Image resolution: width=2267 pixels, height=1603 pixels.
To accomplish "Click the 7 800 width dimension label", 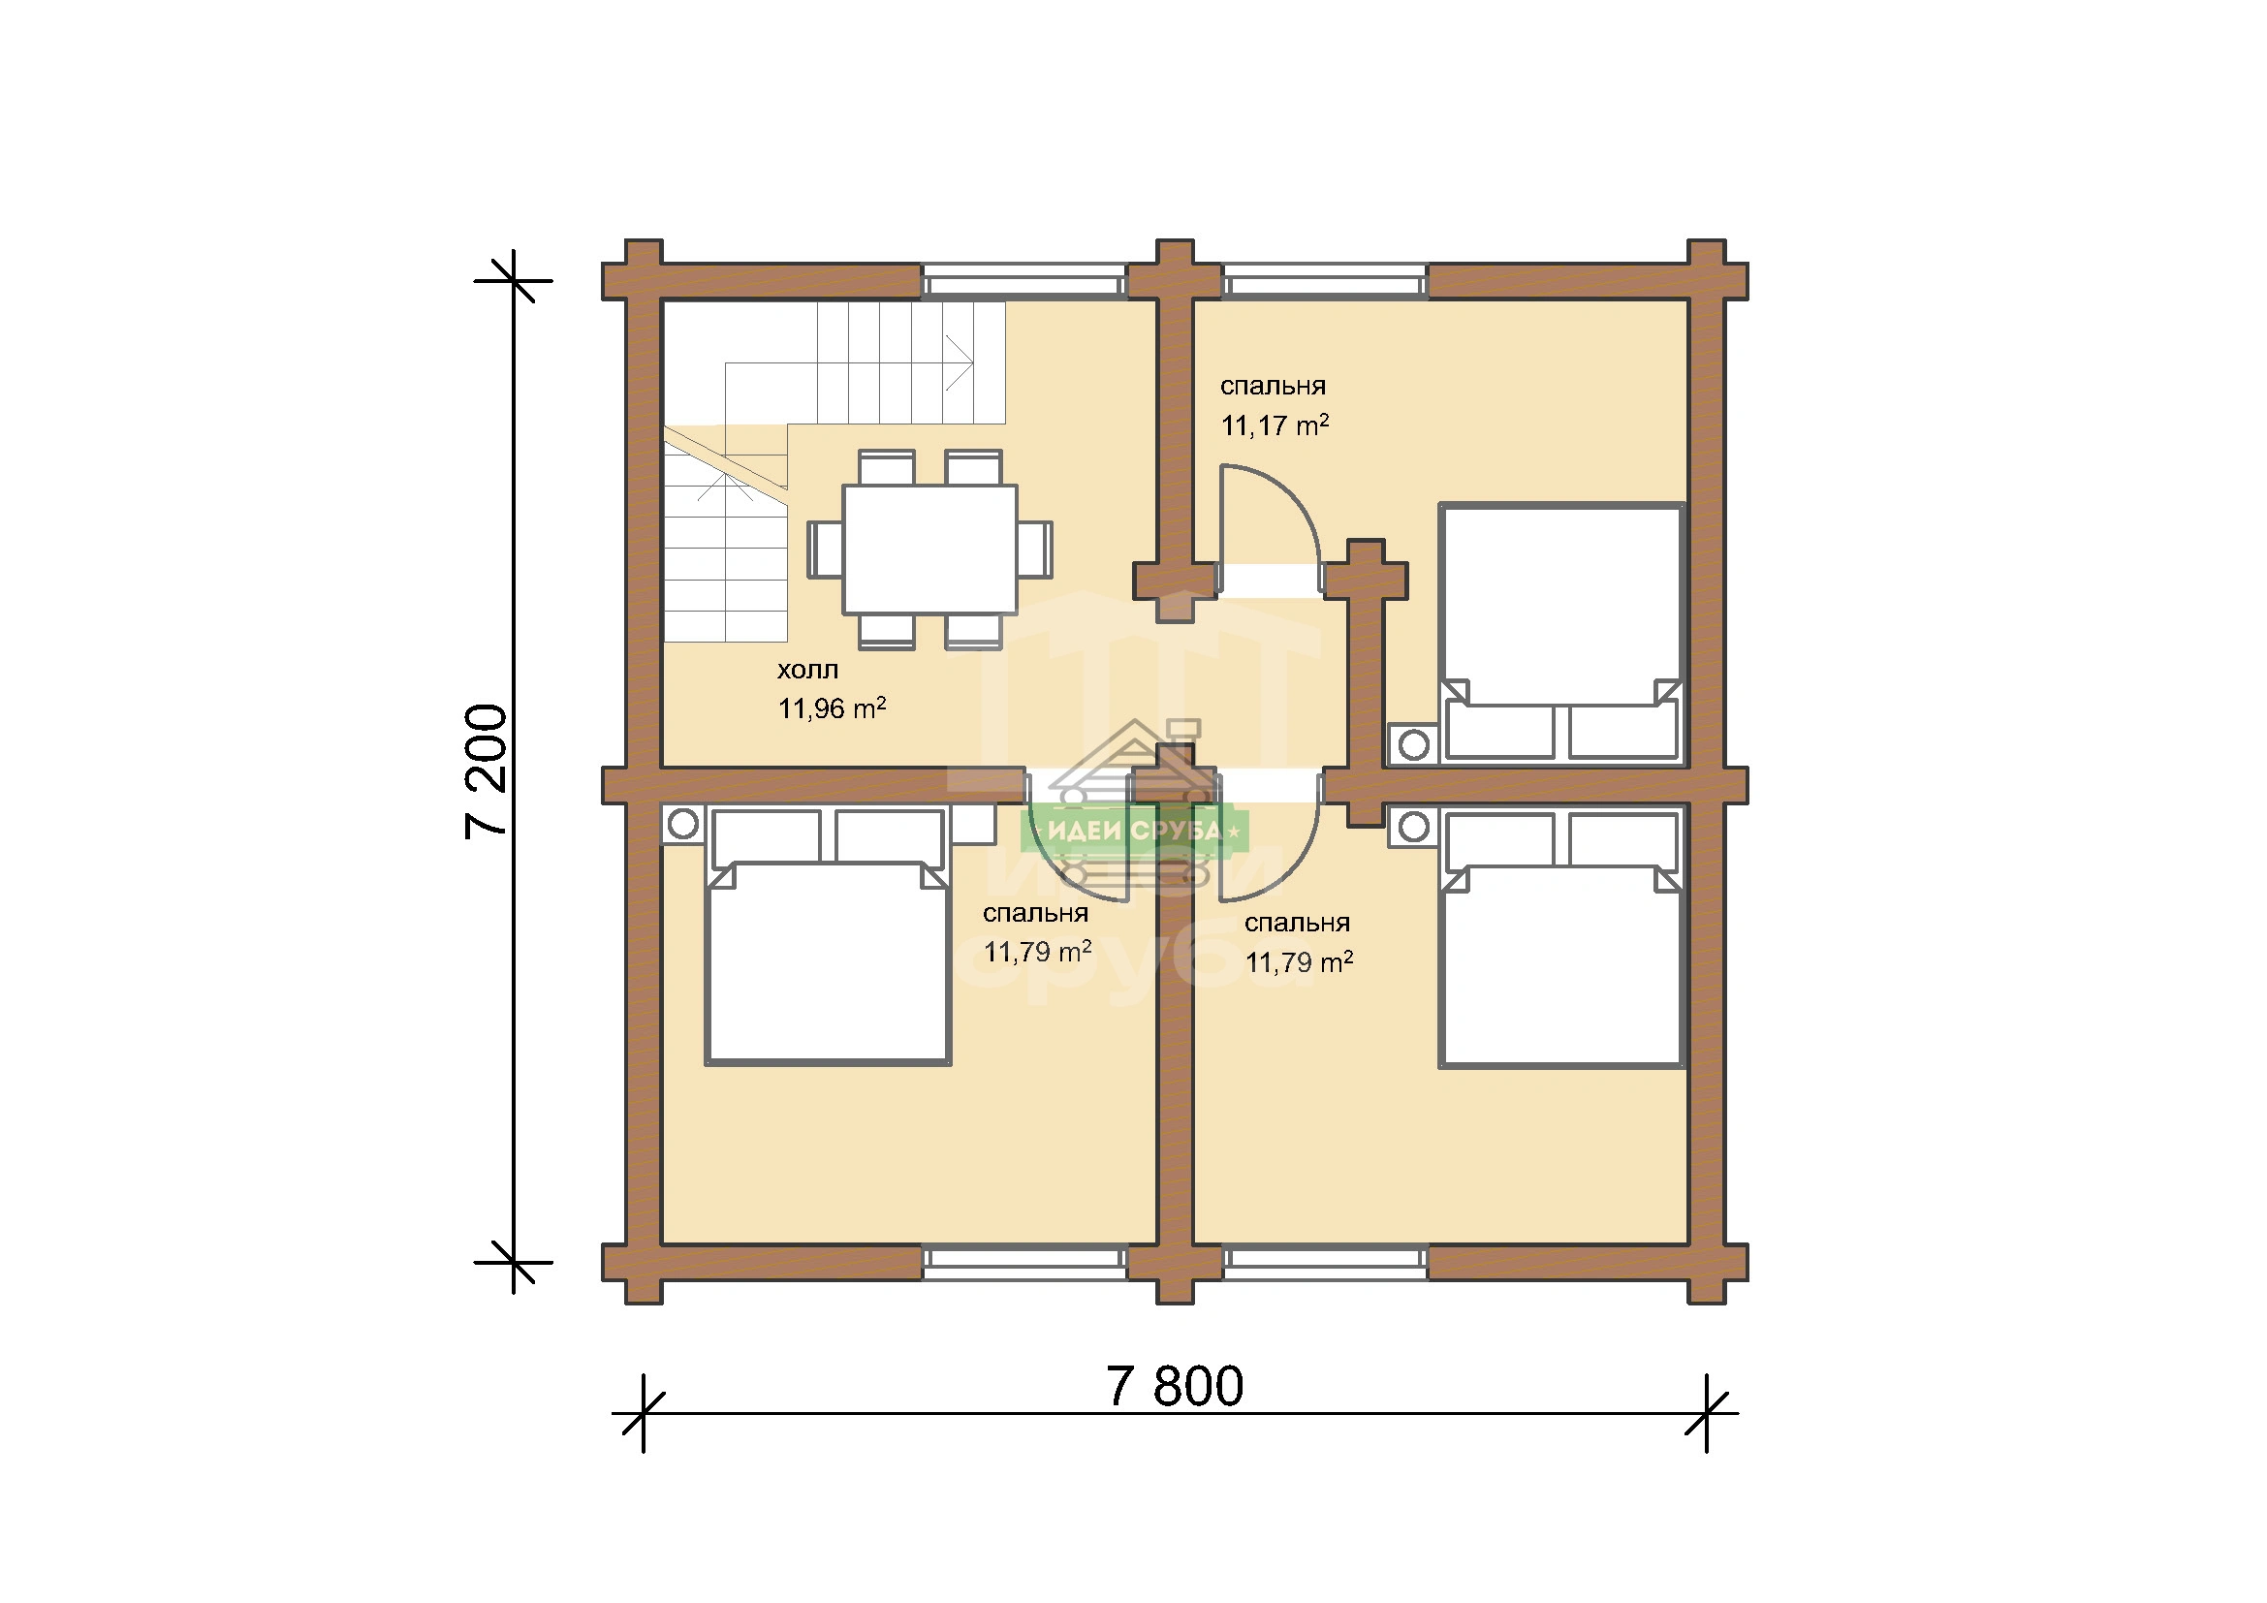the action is click(1174, 1387).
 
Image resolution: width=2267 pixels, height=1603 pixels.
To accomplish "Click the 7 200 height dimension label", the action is click(487, 770).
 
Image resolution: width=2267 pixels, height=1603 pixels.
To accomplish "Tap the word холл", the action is click(807, 671).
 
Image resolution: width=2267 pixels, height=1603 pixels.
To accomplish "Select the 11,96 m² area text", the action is click(832, 707).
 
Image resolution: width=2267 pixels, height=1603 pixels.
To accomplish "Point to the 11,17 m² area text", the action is click(1275, 425).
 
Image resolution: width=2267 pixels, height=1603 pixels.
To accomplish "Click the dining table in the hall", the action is click(929, 549).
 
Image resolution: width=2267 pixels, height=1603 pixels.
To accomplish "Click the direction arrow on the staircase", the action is click(958, 364).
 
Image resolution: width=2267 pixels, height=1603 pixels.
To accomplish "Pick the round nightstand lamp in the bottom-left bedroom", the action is click(683, 823).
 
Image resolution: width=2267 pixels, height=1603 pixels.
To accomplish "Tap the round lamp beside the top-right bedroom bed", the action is click(1414, 745).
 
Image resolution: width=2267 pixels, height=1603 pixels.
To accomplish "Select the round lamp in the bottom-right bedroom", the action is click(1414, 826).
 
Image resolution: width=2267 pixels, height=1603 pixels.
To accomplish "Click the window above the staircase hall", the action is click(1024, 281).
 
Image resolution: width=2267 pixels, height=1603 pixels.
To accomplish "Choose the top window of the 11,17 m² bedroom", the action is click(1326, 281).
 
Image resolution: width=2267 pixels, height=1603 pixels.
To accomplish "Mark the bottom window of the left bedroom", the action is click(1024, 1263).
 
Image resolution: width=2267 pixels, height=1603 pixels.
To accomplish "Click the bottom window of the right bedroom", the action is click(1326, 1263).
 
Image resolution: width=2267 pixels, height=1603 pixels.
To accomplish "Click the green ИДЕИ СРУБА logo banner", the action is click(1135, 832).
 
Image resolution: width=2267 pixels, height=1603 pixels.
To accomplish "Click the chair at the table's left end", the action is click(826, 549).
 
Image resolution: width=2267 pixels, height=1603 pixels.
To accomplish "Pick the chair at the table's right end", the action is click(1035, 549).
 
